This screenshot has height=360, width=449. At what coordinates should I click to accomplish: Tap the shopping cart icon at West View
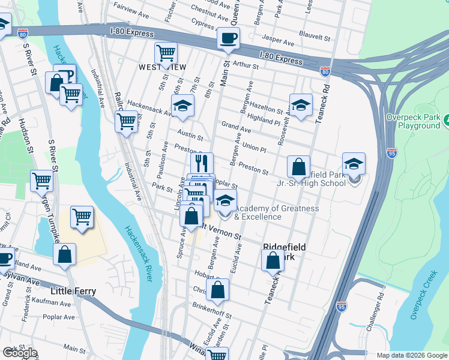[x=166, y=53]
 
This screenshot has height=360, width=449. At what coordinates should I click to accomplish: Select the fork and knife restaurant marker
[x=202, y=163]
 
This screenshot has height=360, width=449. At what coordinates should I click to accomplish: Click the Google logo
[x=20, y=353]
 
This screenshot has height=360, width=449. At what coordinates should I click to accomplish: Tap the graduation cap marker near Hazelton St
[x=301, y=106]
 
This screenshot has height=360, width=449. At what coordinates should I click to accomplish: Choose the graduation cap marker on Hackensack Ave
[x=182, y=108]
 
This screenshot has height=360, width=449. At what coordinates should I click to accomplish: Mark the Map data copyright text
[x=412, y=355]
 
